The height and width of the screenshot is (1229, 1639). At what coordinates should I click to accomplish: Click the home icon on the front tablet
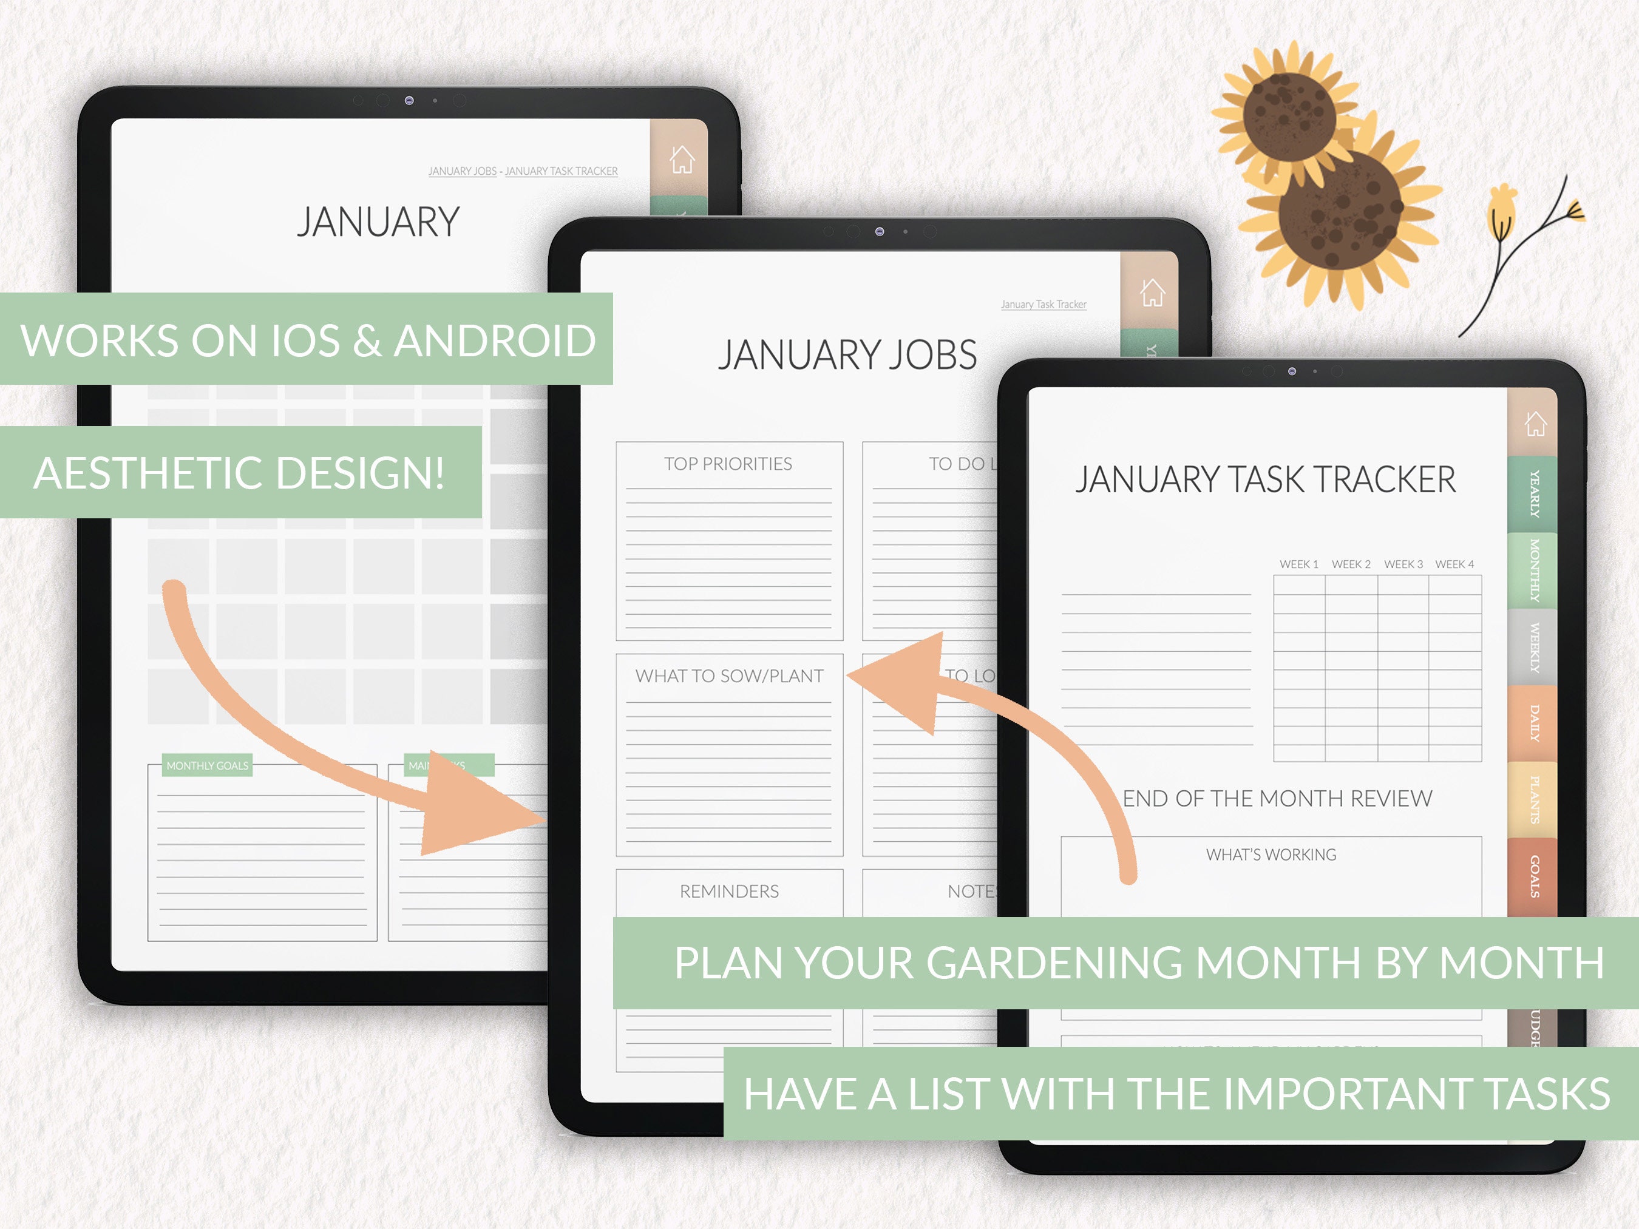pos(1535,424)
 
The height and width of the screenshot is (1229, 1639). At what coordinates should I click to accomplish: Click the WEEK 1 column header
pos(1299,564)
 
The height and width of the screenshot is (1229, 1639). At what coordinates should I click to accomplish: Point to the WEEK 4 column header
pos(1454,564)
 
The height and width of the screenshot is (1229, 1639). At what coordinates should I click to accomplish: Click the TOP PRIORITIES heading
pos(728,464)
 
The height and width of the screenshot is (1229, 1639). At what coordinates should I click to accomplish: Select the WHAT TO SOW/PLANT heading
pos(729,675)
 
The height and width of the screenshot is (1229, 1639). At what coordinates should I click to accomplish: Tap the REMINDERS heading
pos(729,891)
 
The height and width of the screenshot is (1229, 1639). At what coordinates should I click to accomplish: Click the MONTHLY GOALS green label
pos(208,765)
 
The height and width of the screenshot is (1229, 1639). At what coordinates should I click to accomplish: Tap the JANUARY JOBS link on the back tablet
pos(463,171)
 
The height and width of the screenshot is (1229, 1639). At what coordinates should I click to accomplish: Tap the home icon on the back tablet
pos(682,159)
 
